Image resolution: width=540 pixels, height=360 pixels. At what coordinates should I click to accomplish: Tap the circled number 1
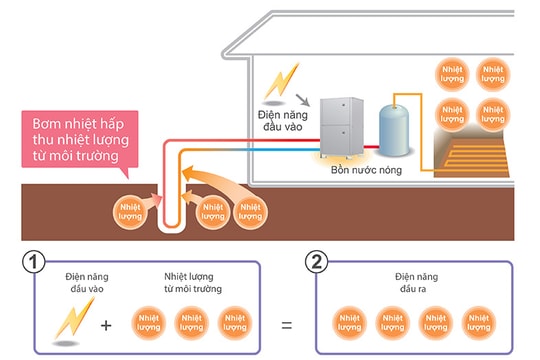click(34, 262)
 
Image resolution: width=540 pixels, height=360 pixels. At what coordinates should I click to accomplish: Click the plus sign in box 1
click(106, 325)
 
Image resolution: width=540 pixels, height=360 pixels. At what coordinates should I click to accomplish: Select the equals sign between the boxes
click(287, 325)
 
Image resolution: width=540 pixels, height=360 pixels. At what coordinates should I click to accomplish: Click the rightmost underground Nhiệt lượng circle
click(250, 211)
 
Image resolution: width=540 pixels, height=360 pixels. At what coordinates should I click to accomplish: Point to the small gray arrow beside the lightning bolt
click(301, 99)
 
